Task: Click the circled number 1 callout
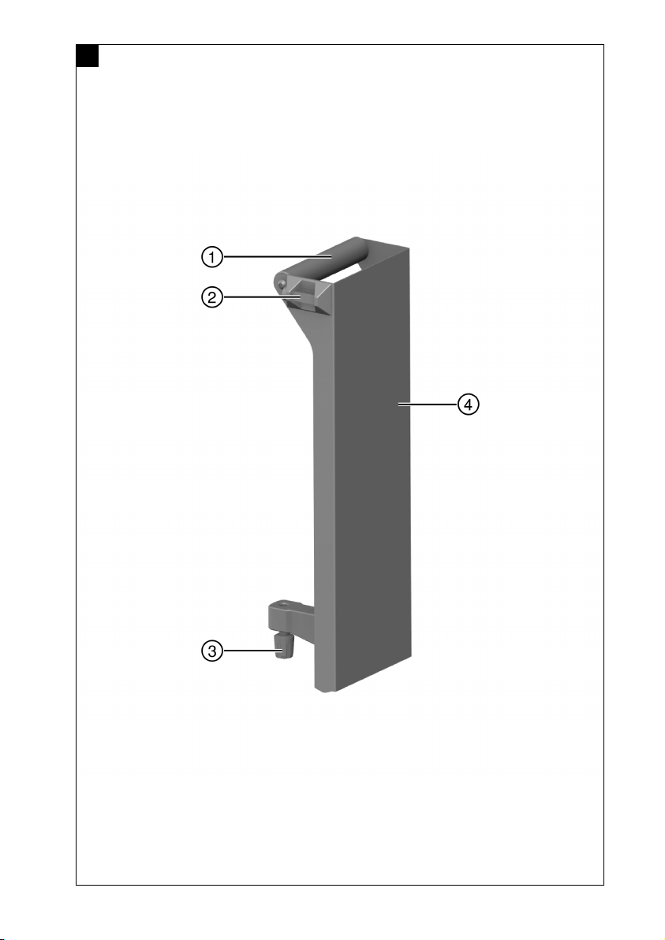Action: click(x=211, y=257)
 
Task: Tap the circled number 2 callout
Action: click(x=211, y=297)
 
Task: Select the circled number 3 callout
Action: click(x=211, y=651)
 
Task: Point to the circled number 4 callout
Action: click(x=469, y=405)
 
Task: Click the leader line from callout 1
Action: click(x=278, y=257)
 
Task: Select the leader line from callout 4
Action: click(x=428, y=405)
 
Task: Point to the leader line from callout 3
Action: click(x=249, y=651)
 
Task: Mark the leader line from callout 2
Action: click(x=261, y=297)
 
